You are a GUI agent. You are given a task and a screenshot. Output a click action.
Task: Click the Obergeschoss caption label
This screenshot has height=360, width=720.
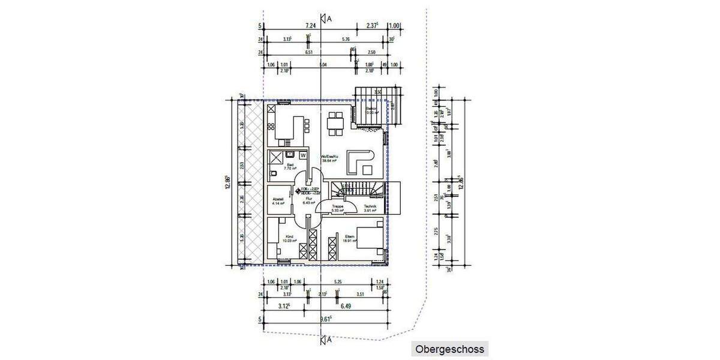(449, 349)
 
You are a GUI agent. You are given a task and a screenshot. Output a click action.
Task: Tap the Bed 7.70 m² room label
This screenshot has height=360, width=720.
(291, 167)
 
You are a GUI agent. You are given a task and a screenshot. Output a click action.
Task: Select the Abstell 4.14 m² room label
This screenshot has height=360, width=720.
(278, 202)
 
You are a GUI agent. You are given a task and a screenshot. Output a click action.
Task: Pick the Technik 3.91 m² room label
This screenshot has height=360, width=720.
(370, 208)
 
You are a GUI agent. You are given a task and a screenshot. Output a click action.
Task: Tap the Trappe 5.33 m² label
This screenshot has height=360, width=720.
(338, 208)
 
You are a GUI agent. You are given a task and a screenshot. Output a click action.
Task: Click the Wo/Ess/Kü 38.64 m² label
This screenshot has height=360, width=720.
(331, 159)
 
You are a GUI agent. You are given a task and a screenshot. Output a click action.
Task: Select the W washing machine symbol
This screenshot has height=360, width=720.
(303, 155)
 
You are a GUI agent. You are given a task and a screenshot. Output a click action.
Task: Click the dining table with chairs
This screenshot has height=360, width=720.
(335, 122)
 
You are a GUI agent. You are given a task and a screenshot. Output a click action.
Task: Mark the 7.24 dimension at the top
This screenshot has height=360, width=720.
(310, 26)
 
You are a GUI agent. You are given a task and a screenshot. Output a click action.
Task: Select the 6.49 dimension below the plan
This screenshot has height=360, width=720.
(346, 306)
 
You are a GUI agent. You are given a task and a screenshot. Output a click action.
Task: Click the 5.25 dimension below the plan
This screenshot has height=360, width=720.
(338, 281)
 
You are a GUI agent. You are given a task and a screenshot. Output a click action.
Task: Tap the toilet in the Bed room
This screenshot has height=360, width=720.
(273, 174)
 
